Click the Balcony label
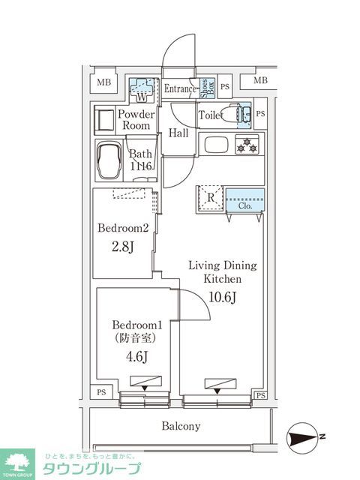coord(179,426)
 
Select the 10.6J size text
coord(222,297)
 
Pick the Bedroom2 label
coord(124,228)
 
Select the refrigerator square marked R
coord(209,199)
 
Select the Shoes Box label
coord(204,88)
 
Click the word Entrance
coord(180,88)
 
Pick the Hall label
coord(178,133)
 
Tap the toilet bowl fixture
coord(237,113)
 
